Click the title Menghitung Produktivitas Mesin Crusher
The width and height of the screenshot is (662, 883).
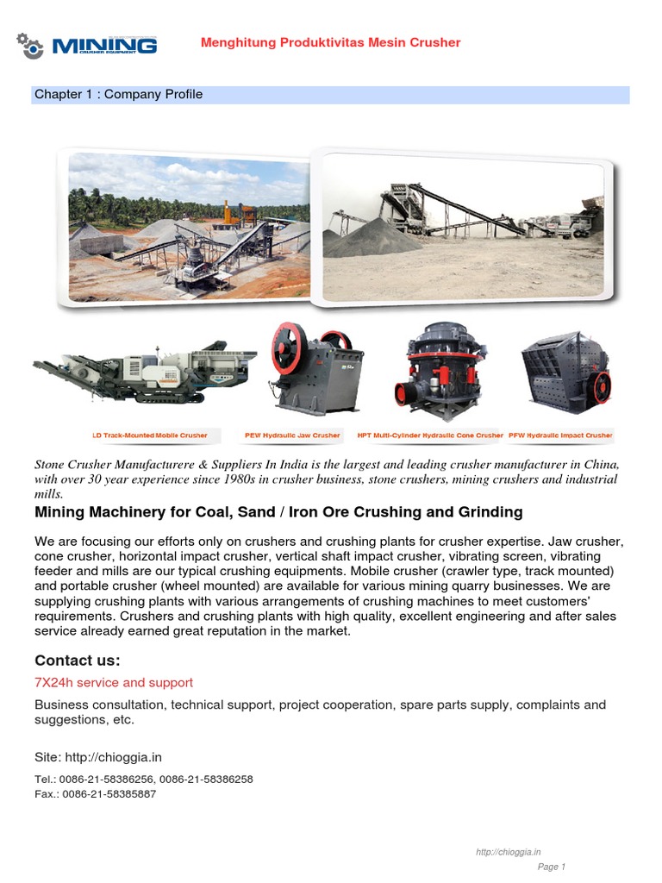pos(330,42)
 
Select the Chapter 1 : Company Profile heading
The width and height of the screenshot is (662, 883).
pos(118,94)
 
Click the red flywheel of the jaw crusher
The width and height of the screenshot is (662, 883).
pos(286,349)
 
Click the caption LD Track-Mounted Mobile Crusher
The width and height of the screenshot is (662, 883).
pos(150,435)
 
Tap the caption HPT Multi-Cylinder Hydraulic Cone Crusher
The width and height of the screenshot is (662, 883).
pos(429,435)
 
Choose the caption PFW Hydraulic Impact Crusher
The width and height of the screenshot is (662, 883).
pos(560,435)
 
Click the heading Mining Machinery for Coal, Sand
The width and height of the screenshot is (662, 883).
pos(278,512)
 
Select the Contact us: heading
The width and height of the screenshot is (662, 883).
pos(78,661)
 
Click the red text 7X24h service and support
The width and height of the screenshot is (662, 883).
pos(114,683)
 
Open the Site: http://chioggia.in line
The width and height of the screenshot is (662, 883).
pos(98,757)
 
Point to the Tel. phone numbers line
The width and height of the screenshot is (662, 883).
pos(144,779)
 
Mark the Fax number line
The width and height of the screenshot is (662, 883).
pos(95,793)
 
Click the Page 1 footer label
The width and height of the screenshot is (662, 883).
pos(552,867)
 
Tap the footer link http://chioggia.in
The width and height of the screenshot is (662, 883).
pos(509,852)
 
